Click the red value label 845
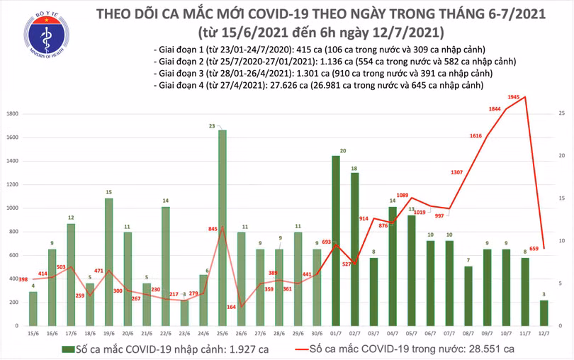(212, 228)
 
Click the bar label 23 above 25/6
(222, 125)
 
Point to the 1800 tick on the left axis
(12, 113)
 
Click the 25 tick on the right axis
(561, 113)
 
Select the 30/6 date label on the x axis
(317, 333)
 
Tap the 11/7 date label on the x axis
(524, 333)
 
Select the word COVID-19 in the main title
(292, 14)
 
